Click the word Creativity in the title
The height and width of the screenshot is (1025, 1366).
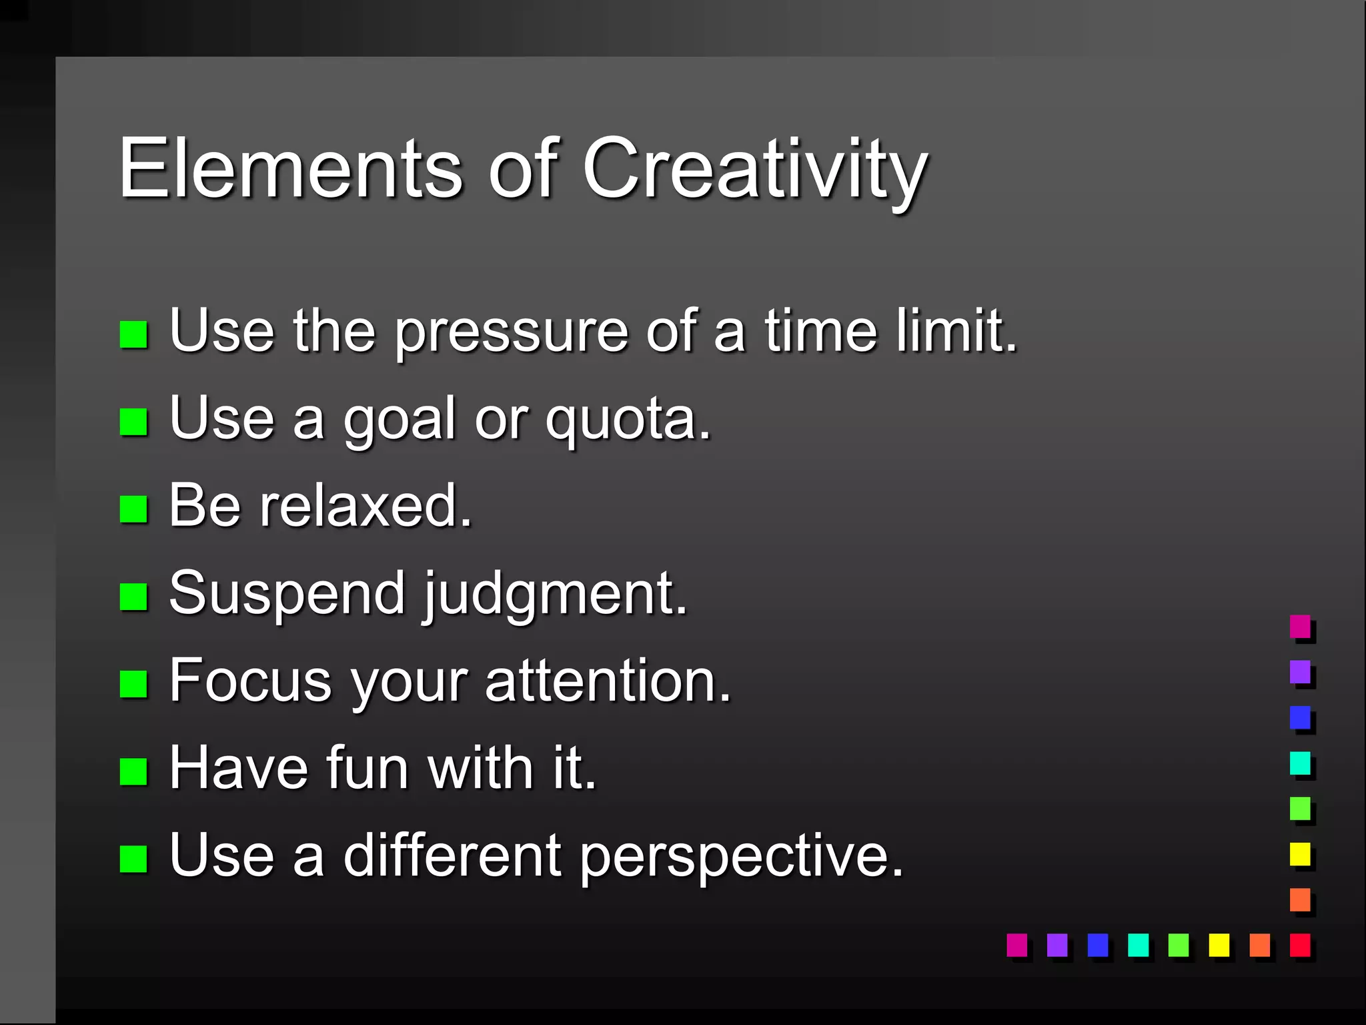point(754,170)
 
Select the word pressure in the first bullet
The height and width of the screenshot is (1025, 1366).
point(511,332)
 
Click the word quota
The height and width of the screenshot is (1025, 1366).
point(628,420)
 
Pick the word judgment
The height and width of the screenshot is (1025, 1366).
point(554,595)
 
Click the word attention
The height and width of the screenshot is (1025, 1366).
point(608,681)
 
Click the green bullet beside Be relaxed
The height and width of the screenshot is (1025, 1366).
point(133,509)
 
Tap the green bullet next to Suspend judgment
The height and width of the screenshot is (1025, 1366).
point(133,597)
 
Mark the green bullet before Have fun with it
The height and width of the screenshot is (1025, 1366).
point(133,771)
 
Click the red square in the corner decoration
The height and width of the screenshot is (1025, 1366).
point(1299,945)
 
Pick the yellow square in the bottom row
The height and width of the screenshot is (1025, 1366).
point(1219,945)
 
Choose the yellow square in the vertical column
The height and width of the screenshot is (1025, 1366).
point(1299,854)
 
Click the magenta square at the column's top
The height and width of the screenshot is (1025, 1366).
point(1299,627)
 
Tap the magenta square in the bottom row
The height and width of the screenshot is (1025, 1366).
point(1016,945)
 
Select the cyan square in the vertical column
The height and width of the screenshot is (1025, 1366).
point(1299,763)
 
